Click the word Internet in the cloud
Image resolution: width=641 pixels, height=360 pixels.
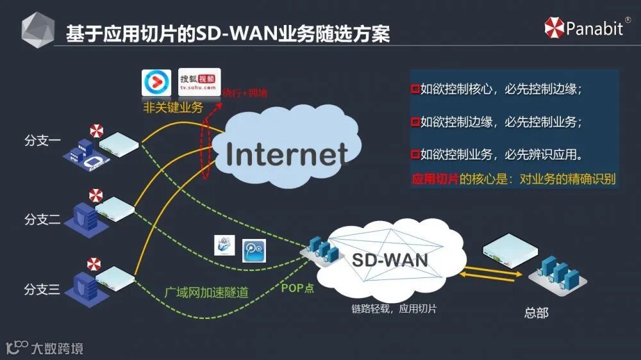pos(287,154)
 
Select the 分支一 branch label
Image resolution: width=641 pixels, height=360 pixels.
pos(42,140)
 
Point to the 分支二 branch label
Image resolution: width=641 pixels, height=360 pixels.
pos(42,220)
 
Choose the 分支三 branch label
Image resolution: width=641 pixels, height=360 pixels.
pos(42,290)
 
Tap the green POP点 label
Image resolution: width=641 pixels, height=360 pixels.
pos(297,288)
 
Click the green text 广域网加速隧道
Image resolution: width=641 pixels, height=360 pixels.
pos(206,292)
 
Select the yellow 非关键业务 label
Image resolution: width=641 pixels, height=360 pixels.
pos(172,108)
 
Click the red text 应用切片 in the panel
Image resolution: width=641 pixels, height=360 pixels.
pos(435,179)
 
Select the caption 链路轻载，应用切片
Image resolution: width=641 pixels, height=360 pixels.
pos(394,309)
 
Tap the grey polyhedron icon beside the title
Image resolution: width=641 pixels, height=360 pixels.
pos(38,31)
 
